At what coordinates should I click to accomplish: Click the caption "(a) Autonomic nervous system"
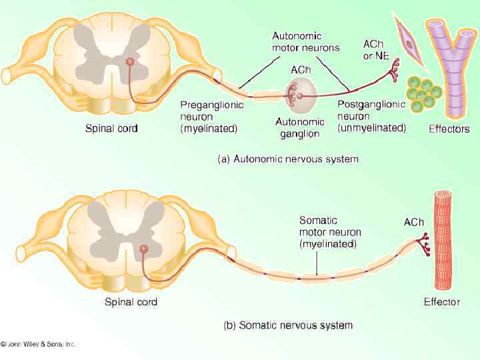click(x=288, y=159)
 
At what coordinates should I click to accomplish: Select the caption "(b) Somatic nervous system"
click(x=287, y=325)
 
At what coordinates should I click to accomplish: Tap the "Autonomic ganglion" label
click(x=300, y=127)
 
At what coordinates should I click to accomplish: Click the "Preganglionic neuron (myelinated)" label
click(x=212, y=115)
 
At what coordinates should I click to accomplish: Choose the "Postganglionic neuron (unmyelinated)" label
click(x=371, y=115)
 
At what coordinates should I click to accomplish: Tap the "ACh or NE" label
click(x=376, y=50)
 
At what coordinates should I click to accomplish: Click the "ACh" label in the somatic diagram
click(x=413, y=222)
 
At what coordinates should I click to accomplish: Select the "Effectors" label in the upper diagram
click(x=448, y=129)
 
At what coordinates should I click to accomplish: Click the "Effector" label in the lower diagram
click(x=441, y=302)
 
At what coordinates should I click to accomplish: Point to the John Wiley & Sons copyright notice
click(x=39, y=344)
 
